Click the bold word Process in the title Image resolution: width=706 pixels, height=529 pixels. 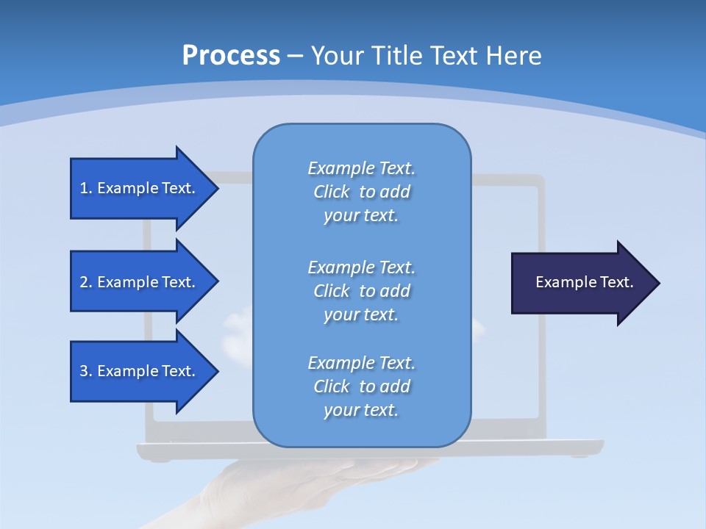pos(231,56)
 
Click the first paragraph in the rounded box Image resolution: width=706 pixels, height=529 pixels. pos(361,192)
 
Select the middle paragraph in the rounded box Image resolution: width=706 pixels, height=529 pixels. pos(361,291)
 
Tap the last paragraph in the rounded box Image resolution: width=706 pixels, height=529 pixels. pos(361,386)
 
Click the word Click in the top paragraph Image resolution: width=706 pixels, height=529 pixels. pos(331,192)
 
